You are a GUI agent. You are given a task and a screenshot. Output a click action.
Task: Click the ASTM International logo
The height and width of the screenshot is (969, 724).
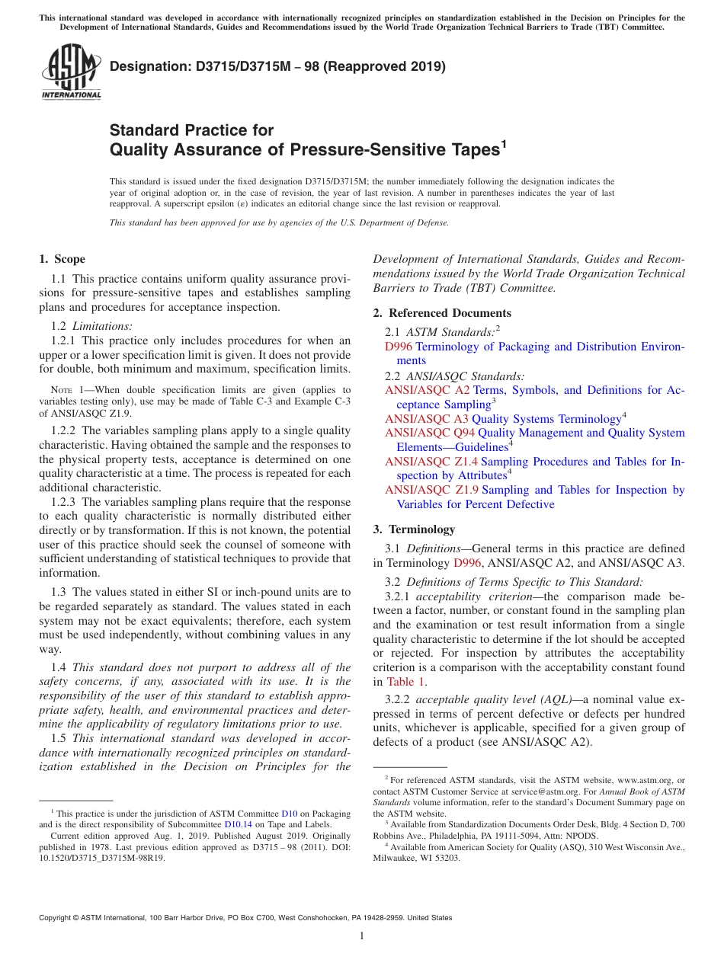pyautogui.click(x=70, y=72)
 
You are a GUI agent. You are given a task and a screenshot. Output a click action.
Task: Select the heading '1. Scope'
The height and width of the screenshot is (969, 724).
pyautogui.click(x=62, y=259)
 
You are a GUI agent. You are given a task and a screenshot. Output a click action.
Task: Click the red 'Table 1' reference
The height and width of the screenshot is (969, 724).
pyautogui.click(x=407, y=682)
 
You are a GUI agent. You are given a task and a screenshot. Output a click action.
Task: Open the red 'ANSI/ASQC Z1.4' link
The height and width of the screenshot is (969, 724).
pyautogui.click(x=431, y=462)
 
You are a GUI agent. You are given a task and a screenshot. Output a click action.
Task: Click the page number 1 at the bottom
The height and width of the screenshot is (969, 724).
pyautogui.click(x=362, y=936)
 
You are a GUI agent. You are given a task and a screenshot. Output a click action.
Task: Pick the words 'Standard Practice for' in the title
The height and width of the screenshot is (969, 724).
pyautogui.click(x=191, y=130)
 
